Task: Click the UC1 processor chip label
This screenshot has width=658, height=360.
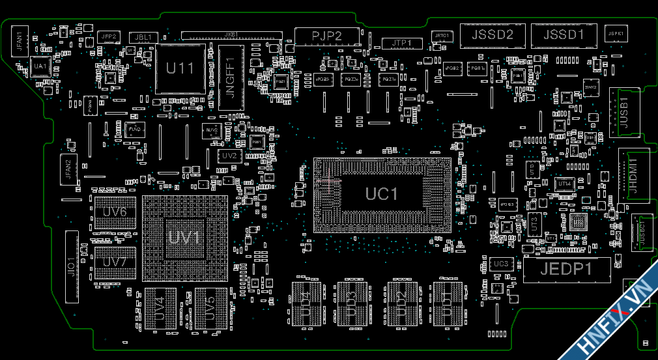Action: click(x=381, y=194)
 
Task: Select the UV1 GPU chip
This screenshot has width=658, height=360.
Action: click(x=184, y=238)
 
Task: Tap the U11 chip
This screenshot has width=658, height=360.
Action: click(x=180, y=68)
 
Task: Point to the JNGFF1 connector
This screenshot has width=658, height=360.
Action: click(x=231, y=77)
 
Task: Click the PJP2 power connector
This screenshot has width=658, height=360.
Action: click(x=327, y=36)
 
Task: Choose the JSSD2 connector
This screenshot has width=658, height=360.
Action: click(x=492, y=35)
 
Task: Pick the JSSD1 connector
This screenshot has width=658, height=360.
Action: click(x=564, y=35)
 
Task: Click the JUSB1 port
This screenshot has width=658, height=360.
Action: click(x=623, y=112)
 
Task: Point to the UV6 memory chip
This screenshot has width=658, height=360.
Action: click(x=115, y=212)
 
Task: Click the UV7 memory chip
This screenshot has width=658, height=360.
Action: click(x=115, y=262)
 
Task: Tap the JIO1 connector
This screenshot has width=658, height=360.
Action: click(x=72, y=267)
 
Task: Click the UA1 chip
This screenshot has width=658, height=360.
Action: click(x=40, y=66)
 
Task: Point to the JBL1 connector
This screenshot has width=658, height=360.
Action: click(x=143, y=38)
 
